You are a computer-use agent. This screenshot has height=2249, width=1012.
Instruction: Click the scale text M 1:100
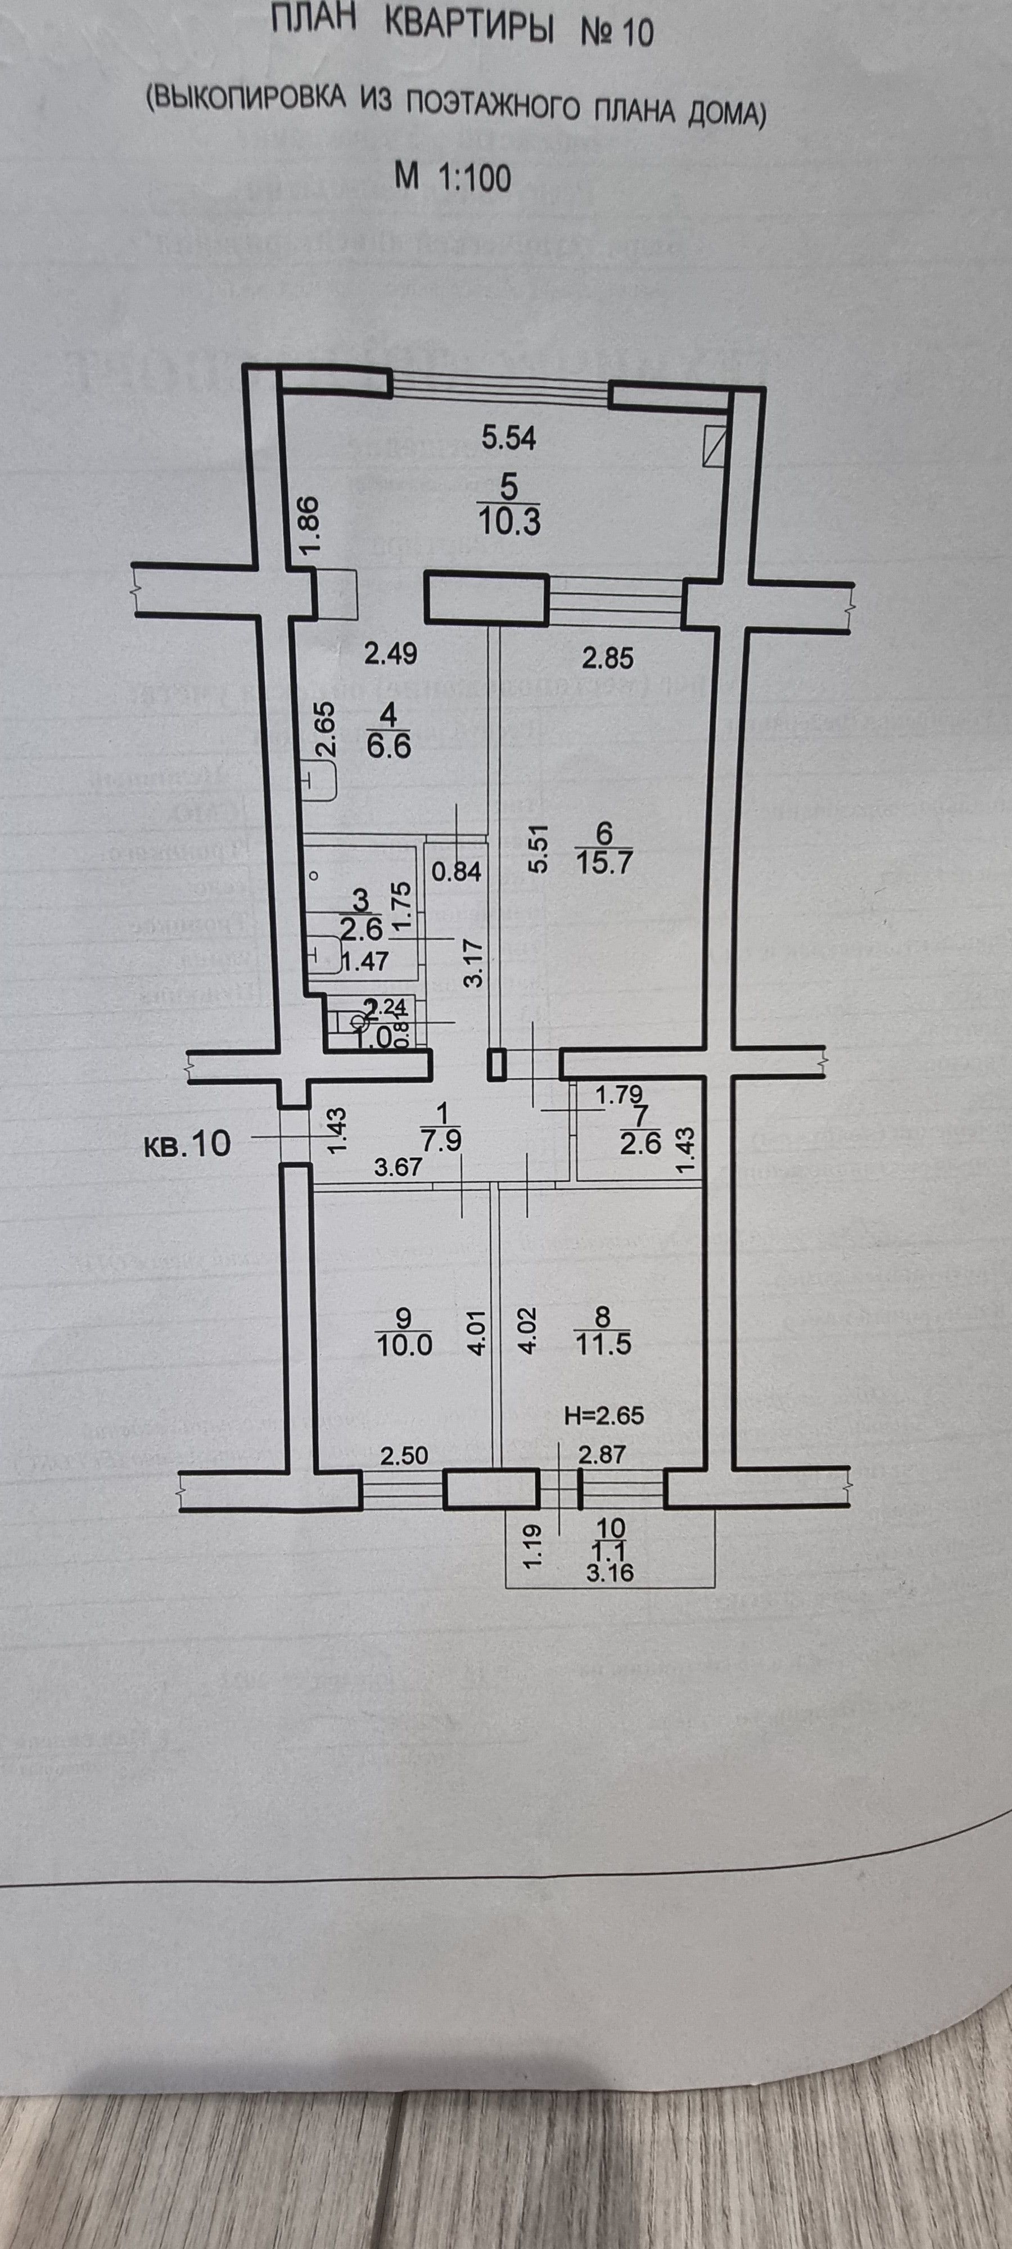[451, 178]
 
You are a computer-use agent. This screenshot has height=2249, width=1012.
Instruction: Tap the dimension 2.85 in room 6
[608, 655]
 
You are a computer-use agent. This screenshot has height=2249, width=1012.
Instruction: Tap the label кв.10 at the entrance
[186, 1143]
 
